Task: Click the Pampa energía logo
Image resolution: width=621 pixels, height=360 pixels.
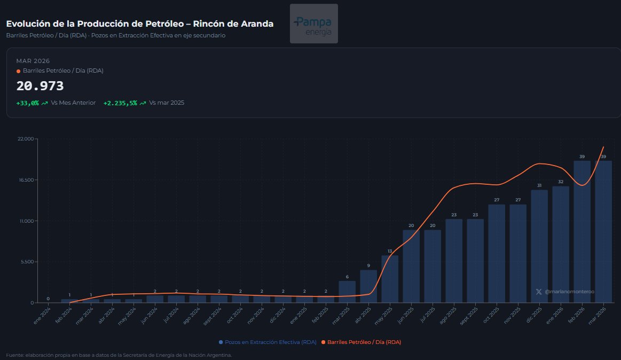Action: point(313,24)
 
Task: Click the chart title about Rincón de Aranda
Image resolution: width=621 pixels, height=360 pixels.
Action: point(140,24)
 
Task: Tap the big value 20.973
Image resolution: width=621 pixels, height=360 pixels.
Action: point(40,86)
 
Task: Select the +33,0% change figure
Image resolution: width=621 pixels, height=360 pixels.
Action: point(28,103)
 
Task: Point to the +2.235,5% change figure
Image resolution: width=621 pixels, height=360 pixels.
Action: point(120,103)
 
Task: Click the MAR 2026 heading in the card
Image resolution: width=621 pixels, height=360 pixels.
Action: point(33,61)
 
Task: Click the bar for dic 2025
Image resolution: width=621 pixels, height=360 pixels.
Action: point(539,246)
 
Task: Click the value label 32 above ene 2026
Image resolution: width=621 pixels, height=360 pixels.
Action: point(561,182)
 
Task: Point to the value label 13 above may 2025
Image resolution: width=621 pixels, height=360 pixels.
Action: point(390,251)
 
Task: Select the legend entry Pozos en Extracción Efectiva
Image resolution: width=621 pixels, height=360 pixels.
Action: point(268,342)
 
